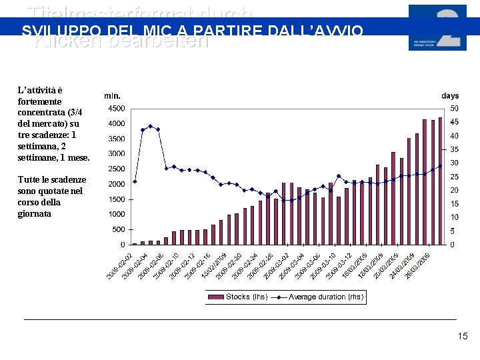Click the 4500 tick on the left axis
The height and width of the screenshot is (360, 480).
coord(115,108)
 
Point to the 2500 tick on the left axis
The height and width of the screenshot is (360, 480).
coord(115,169)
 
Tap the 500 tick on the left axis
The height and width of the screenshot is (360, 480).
coord(117,229)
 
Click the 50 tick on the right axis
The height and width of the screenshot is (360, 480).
coord(454,108)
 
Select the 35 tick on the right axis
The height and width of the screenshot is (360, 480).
coord(454,149)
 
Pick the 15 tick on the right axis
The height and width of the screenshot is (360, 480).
coord(454,203)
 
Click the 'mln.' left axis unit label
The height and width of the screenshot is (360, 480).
coord(112,96)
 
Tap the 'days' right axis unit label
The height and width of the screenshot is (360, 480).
coord(450,96)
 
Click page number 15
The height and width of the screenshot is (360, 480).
coord(463,337)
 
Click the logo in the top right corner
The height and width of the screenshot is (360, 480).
coord(437,27)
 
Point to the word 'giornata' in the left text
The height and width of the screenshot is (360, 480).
coord(35,213)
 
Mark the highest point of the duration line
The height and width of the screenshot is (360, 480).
coord(150,126)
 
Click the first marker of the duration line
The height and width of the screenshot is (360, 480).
coord(135,181)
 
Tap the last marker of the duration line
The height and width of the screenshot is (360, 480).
coord(440,166)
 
